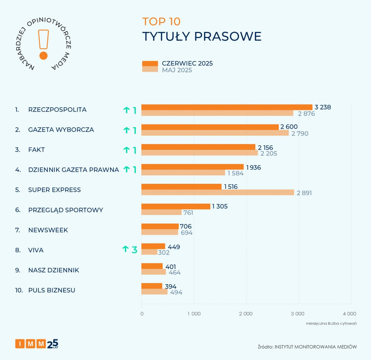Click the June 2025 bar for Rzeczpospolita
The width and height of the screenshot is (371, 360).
tap(227, 107)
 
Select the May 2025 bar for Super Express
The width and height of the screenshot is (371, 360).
tap(218, 193)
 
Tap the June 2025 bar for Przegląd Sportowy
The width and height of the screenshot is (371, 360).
tap(176, 206)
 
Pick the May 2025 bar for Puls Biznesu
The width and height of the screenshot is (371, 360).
tap(155, 292)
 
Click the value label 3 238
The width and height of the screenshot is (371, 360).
tap(323, 107)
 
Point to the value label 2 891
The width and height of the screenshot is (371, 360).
tap(304, 193)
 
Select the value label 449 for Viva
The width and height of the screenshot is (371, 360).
tap(174, 247)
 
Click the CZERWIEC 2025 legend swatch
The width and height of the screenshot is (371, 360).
tap(150, 63)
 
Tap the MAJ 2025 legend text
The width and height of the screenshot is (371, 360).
tap(177, 70)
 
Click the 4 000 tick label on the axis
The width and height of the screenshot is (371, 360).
tap(349, 314)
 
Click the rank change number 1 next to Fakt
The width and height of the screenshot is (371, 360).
tap(134, 150)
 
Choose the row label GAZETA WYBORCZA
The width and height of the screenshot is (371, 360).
tap(61, 130)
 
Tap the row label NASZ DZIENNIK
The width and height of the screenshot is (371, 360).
tap(54, 270)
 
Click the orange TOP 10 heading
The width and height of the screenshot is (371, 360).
tap(161, 21)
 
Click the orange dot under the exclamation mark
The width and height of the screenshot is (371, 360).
tap(43, 55)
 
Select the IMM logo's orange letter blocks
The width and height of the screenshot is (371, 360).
tap(30, 343)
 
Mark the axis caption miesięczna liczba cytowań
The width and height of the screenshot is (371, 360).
tap(331, 323)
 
